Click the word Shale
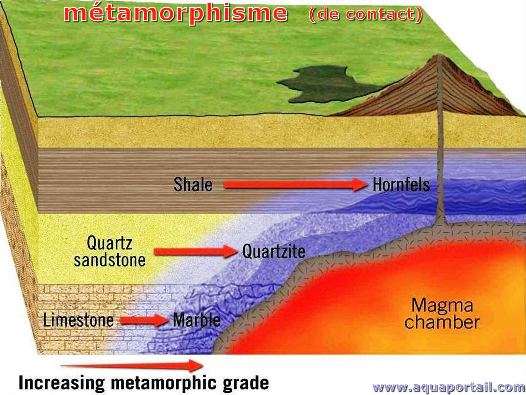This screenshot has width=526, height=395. (x=193, y=184)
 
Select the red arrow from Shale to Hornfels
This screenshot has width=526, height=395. (x=295, y=184)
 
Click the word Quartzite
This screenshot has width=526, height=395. (x=274, y=251)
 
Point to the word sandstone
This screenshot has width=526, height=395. (x=110, y=260)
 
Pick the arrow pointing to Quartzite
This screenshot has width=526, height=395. (x=196, y=251)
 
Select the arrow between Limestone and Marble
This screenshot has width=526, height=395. (x=144, y=320)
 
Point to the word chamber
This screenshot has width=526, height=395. (x=442, y=322)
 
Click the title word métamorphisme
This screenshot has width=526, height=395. (x=176, y=13)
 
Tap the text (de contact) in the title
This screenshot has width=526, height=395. (x=366, y=14)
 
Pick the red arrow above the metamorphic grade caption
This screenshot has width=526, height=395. (x=132, y=366)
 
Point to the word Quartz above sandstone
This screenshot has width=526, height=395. (x=109, y=243)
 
